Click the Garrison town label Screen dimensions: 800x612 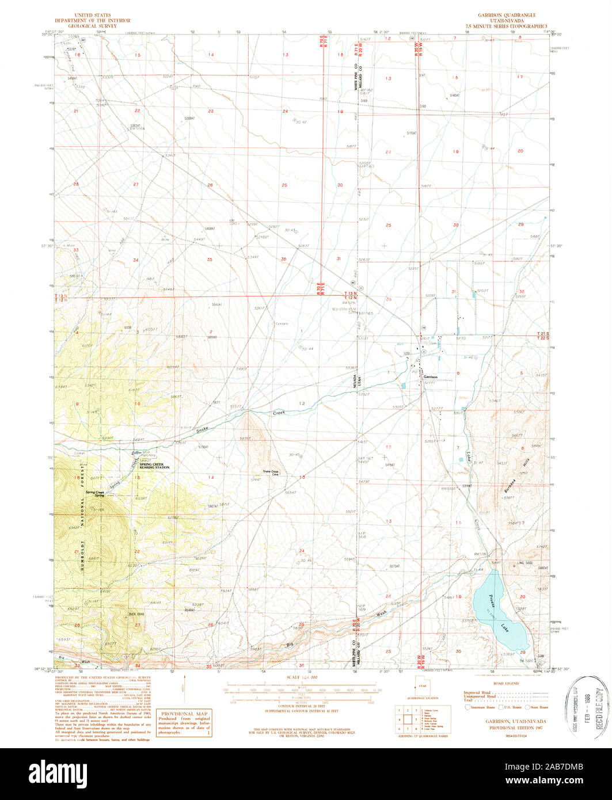pyautogui.click(x=431, y=377)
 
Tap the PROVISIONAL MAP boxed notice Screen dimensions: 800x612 pyautogui.click(x=184, y=723)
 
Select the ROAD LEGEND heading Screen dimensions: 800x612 pyautogui.click(x=507, y=683)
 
